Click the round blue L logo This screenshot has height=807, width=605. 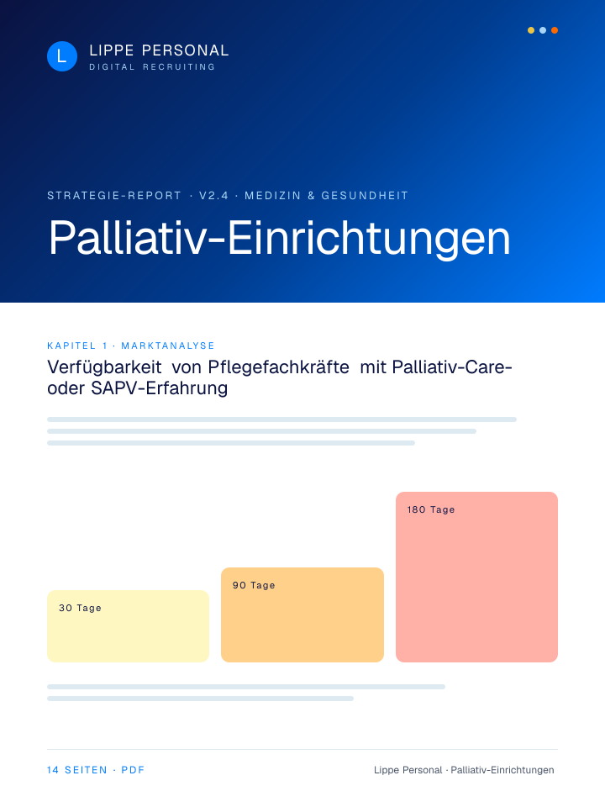(62, 56)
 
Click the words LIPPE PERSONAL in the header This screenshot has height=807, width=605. (159, 50)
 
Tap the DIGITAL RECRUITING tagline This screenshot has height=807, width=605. (152, 67)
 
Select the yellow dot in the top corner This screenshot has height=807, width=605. (531, 30)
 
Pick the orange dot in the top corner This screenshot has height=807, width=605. (555, 30)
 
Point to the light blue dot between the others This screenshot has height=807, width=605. (543, 30)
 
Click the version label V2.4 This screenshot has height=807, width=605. (214, 196)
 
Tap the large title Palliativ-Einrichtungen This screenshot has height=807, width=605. (279, 238)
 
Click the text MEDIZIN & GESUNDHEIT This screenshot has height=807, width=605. (326, 196)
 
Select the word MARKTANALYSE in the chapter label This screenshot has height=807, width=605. (168, 345)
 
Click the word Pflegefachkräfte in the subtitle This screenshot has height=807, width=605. (278, 367)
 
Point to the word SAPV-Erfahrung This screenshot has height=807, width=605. (160, 388)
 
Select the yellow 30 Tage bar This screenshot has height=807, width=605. (128, 626)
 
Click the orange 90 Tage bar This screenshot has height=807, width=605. (302, 615)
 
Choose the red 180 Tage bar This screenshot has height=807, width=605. (477, 577)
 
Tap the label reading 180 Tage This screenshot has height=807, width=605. (431, 509)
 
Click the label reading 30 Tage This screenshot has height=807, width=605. (80, 608)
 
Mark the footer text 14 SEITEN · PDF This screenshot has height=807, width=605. (96, 770)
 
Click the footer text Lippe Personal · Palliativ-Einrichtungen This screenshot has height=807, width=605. (464, 770)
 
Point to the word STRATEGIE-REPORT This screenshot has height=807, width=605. (114, 196)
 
